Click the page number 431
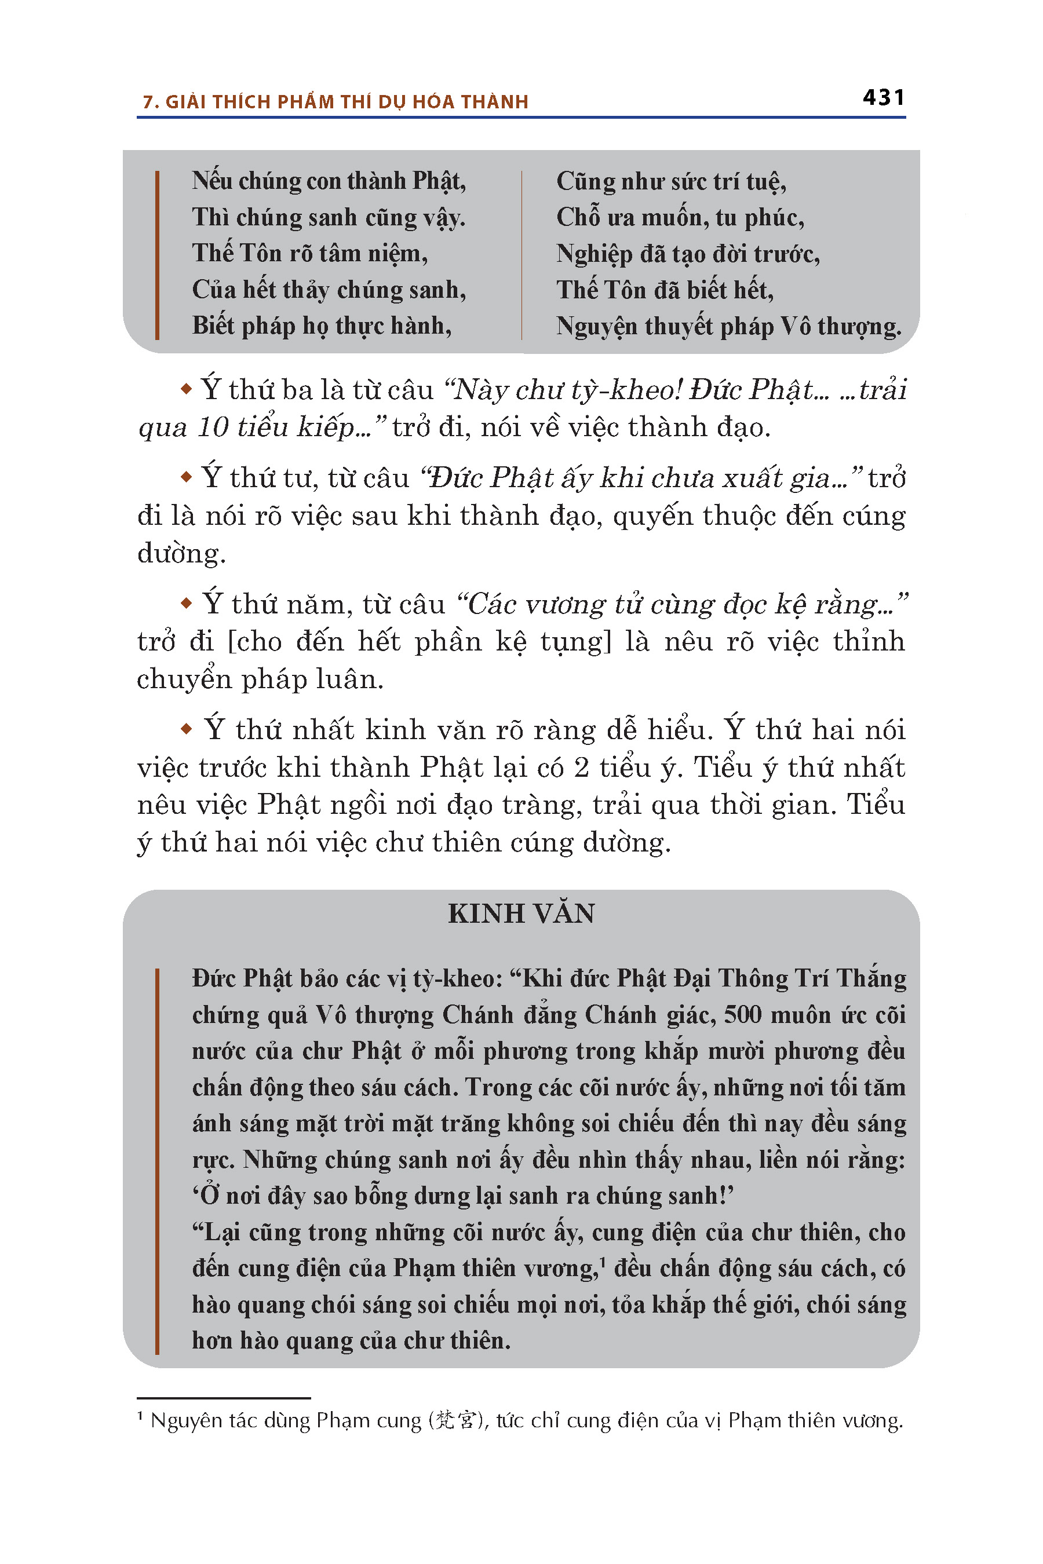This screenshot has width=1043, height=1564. click(x=883, y=98)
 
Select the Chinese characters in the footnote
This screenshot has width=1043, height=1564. click(x=455, y=1420)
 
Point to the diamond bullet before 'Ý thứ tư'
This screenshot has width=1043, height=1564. click(x=186, y=477)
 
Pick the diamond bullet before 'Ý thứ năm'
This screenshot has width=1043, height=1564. click(x=186, y=603)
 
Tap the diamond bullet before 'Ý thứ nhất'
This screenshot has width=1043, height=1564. click(x=186, y=729)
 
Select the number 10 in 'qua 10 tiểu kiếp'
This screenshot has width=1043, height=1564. click(x=213, y=427)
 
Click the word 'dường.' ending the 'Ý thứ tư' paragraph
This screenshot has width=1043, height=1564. click(x=181, y=553)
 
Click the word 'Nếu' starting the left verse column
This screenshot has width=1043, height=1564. click(x=211, y=181)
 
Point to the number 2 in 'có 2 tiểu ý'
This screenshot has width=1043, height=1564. click(x=581, y=768)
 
